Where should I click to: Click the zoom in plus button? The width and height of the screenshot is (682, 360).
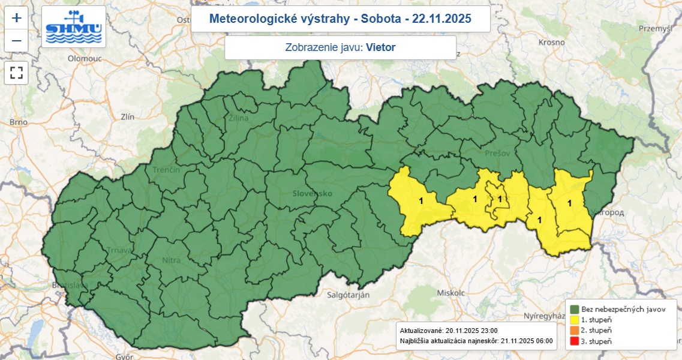coord(16,18)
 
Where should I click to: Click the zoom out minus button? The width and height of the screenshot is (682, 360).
coord(16,41)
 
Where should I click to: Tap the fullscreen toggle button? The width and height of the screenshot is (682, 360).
coord(16,73)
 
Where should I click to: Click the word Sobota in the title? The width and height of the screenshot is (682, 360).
coord(380,19)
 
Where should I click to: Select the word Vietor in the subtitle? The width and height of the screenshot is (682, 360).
coord(381,47)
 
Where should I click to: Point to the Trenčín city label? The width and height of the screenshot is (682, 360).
coord(166,170)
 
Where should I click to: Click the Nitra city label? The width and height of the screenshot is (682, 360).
coord(171,260)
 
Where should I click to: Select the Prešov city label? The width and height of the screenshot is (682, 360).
coord(497,154)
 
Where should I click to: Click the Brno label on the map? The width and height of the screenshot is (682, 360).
coord(18,122)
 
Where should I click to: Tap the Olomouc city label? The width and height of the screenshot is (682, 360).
coord(85,59)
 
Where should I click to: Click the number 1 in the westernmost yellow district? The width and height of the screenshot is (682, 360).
coord(421,201)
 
